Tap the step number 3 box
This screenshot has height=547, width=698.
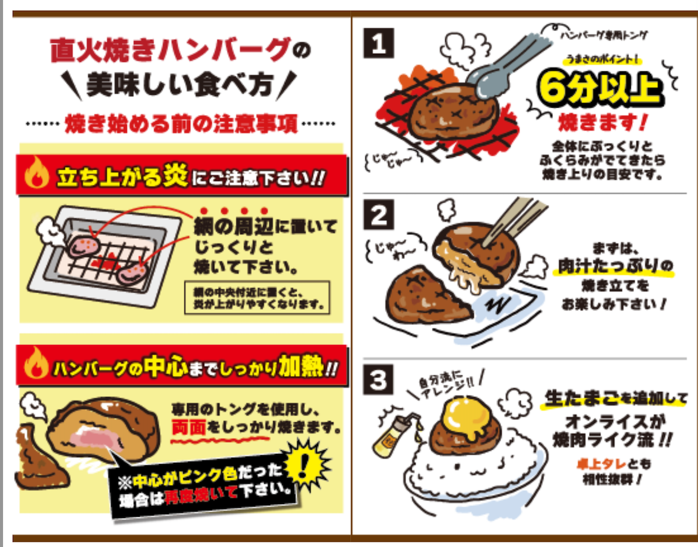coord(379,381)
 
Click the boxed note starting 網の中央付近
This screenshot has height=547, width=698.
coord(257,297)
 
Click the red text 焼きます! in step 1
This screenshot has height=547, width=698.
coord(598,123)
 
